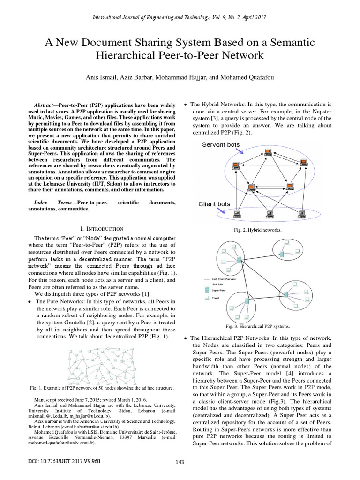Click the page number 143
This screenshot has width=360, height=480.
pos(179,462)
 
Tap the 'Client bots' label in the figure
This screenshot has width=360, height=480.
pos(214,204)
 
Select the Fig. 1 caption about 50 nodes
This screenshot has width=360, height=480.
pos(102,388)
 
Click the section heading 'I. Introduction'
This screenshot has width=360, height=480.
pos(102,228)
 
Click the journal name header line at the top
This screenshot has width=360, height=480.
pos(180,17)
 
